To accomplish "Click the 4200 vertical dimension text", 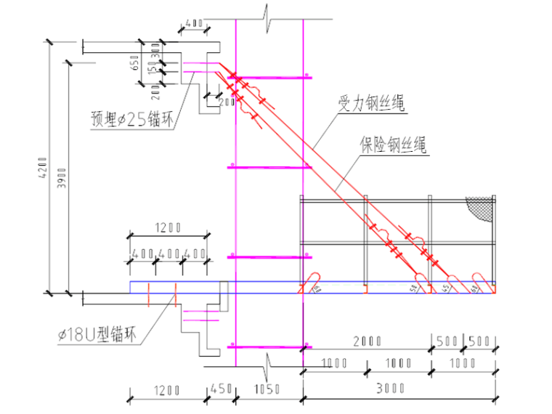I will click(x=43, y=167).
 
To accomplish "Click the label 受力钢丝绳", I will click(x=370, y=103).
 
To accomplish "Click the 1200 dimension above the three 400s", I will click(x=166, y=228).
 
